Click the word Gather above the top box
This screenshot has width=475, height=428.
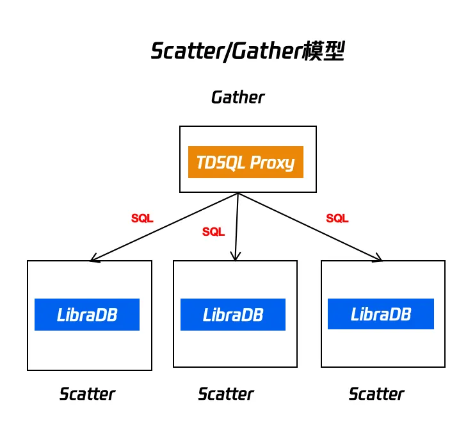[x=237, y=97]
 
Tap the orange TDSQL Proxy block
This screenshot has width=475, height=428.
[x=245, y=162]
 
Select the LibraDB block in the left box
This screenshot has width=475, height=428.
[x=87, y=315]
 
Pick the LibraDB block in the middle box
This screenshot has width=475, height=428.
[x=233, y=315]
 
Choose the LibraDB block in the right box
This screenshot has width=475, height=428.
[x=381, y=314]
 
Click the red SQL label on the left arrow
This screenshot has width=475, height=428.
[x=142, y=218]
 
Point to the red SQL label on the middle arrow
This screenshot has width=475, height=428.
[x=213, y=232]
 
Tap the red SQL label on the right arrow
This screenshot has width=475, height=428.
[x=337, y=218]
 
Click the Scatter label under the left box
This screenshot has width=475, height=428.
[x=87, y=394]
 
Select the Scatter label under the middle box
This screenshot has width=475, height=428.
[x=225, y=394]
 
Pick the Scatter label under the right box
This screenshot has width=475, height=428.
[x=376, y=394]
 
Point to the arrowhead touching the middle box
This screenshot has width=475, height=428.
[x=236, y=258]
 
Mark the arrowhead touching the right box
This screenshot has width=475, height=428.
[x=380, y=259]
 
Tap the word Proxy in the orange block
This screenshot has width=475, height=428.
[x=272, y=163]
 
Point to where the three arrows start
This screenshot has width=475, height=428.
[x=238, y=193]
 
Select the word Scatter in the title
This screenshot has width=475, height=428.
[x=186, y=52]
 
